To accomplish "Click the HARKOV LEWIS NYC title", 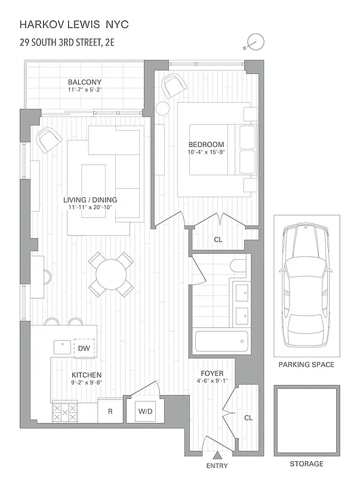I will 74,24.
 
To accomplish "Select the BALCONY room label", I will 84,82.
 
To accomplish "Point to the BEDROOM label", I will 206,145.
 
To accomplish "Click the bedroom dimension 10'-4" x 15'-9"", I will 206,152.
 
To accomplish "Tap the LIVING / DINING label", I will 91,200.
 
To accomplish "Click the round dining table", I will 111,274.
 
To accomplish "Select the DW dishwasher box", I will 83,348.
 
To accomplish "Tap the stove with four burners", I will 65,412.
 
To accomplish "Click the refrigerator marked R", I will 110,412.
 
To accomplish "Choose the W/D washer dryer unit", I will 145,412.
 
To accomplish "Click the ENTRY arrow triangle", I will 216,455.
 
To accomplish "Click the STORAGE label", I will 307,464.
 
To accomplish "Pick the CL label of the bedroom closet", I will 218,240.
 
